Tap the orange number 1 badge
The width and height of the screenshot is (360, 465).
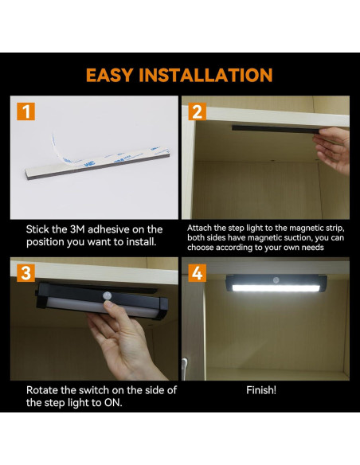[x=26, y=111]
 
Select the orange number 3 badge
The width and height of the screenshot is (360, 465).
[x=26, y=273]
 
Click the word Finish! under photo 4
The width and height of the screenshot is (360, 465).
[x=262, y=391]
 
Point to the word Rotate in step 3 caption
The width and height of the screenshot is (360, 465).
[x=45, y=390]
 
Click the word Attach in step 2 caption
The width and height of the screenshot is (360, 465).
[x=203, y=228]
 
